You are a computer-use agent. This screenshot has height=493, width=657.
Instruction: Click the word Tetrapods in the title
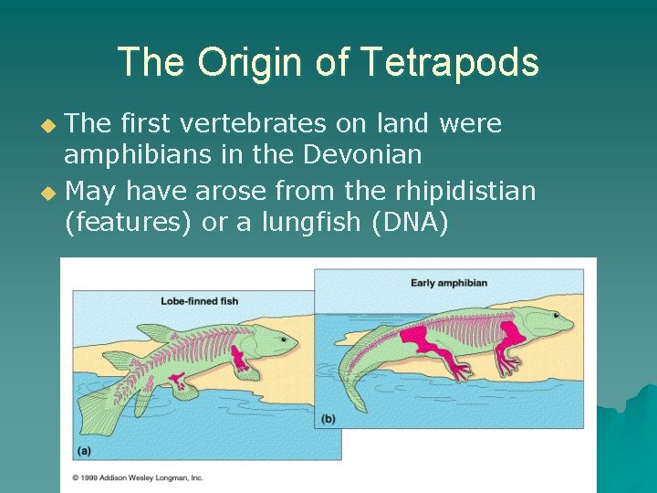pyautogui.click(x=450, y=63)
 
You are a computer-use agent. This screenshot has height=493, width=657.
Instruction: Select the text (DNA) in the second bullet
pyautogui.click(x=411, y=222)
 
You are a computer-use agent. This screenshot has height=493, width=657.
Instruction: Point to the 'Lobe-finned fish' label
pyautogui.click(x=200, y=300)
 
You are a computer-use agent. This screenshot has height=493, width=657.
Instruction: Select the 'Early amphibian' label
pyautogui.click(x=449, y=282)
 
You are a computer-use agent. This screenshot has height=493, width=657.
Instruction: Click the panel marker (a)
pyautogui.click(x=83, y=450)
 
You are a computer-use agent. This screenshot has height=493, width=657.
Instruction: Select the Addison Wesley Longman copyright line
pyautogui.click(x=137, y=477)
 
